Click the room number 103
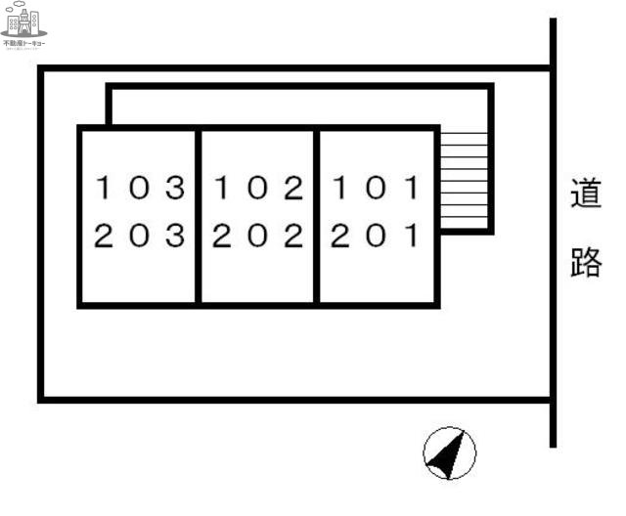point(139,187)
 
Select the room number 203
point(139,236)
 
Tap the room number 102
point(257,187)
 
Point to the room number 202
point(257,236)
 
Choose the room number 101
point(376,187)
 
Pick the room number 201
point(376,236)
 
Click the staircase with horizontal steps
point(464,180)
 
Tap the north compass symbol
point(450,454)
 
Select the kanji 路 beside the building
point(585,262)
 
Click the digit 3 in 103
point(174,187)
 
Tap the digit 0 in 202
point(257,236)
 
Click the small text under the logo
point(24,44)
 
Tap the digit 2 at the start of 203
point(104,236)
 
